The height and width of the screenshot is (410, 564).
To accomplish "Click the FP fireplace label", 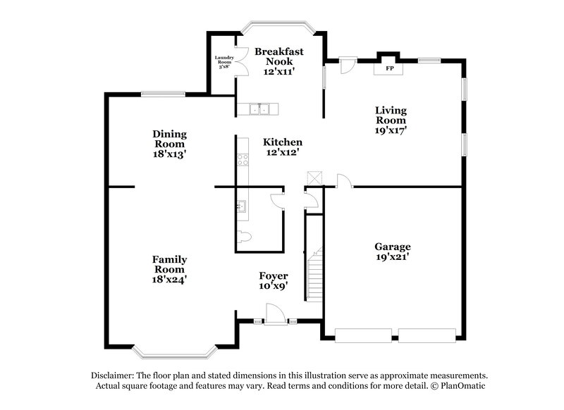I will [389, 69].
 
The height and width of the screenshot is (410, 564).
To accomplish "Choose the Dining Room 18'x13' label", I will [169, 144].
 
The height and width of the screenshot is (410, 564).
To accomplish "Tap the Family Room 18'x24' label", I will [169, 269].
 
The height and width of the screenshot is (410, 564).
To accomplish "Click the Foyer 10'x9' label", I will [274, 280].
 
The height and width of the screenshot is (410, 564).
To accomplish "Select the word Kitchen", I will [283, 142].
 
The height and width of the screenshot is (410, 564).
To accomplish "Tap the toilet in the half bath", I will [243, 237].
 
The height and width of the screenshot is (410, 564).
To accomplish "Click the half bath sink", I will [242, 206].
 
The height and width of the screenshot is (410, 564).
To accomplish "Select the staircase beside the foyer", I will [313, 268].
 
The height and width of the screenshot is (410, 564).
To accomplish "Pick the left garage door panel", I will [364, 335].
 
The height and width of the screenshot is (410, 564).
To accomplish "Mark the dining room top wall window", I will [164, 94].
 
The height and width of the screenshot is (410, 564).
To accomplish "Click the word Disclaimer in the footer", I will [114, 376].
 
